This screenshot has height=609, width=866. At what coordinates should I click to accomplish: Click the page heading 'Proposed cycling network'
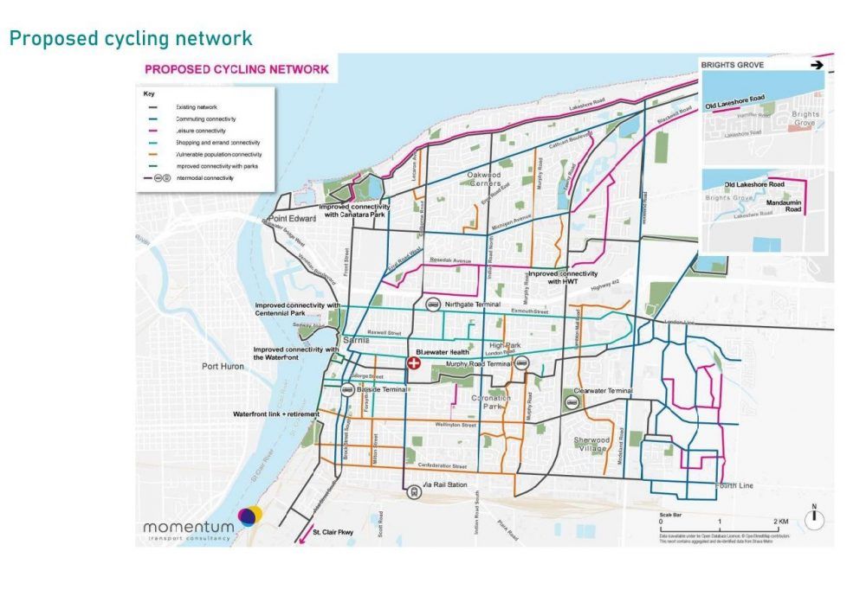click(x=130, y=39)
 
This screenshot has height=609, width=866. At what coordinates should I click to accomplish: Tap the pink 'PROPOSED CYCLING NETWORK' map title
click(x=236, y=69)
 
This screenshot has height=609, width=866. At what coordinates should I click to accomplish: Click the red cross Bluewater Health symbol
click(x=413, y=364)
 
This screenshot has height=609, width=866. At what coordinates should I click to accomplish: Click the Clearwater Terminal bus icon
click(x=572, y=402)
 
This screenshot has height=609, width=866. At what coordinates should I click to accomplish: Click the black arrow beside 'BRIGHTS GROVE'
click(x=816, y=65)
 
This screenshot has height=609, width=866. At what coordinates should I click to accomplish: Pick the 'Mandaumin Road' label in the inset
click(x=785, y=198)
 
